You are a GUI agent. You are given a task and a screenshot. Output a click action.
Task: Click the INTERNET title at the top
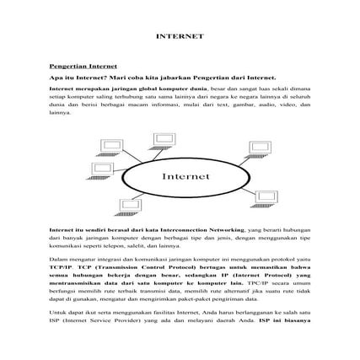180,36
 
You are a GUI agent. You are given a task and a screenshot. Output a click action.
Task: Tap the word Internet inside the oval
180,176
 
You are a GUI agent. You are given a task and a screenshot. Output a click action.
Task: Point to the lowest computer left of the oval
130,205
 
